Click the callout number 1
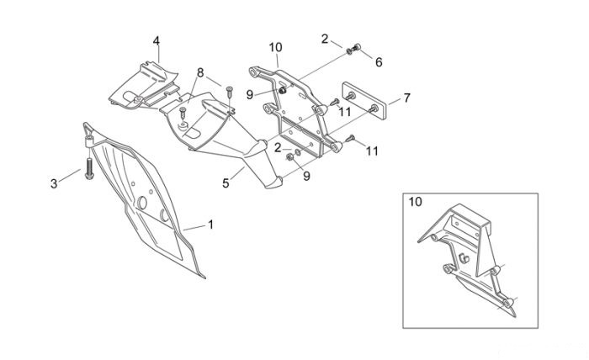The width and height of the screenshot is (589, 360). pos(210,225)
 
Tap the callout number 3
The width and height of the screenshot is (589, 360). pos(54,184)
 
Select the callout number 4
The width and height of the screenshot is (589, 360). pos(157,41)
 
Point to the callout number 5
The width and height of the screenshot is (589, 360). pos(226,183)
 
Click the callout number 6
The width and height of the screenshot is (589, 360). pos(379,62)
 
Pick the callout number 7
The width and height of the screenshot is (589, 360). pos(406,98)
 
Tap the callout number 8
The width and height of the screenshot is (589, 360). pos(200,72)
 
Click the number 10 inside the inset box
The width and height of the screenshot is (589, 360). pos(416,202)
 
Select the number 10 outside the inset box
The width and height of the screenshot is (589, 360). pos(275,48)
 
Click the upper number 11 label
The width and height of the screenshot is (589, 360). pos(344,112)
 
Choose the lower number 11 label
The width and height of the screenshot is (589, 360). pos(372,151)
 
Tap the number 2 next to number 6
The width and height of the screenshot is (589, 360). pos(325,39)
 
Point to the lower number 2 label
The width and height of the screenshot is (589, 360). pos(278,148)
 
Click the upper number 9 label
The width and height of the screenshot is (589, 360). pos(249,95)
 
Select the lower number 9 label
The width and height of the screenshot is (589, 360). pos(307,176)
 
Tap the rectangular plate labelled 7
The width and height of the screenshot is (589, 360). pos(364,101)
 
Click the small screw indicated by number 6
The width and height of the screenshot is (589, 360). pos(357,47)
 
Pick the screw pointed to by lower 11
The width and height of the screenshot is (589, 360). pos(350,139)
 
